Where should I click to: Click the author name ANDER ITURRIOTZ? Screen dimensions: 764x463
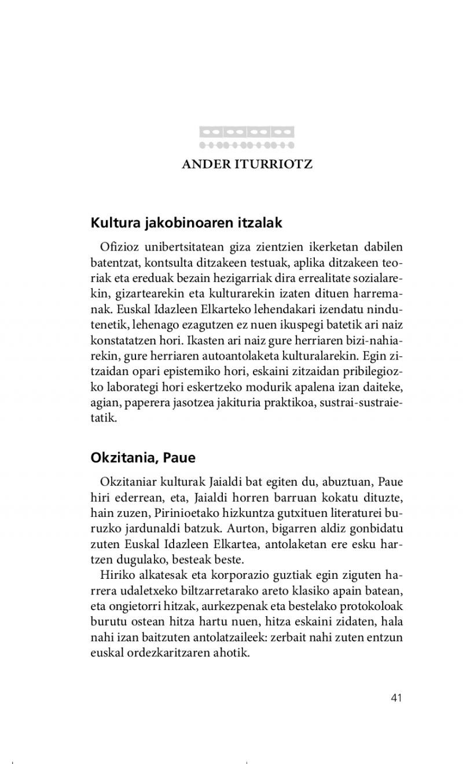[247, 164]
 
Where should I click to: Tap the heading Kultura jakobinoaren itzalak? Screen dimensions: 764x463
[186, 222]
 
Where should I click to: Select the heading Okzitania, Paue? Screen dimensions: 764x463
[143, 458]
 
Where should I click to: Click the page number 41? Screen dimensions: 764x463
[396, 697]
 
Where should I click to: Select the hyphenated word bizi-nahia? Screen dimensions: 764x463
[371, 340]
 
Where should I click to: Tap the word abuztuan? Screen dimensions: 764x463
[341, 482]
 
